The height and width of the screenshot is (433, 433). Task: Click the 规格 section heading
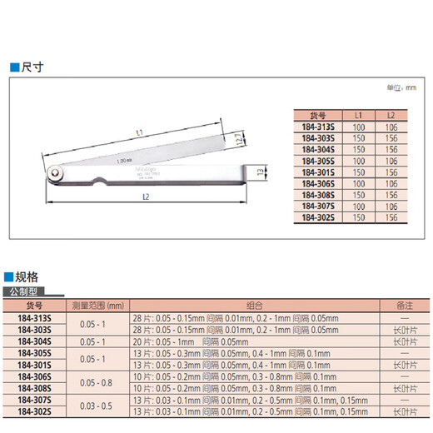27,277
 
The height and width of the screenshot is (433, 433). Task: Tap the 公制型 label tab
25,293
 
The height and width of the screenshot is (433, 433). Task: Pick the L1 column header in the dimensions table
359,115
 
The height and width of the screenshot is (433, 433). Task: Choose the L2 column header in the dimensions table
391,115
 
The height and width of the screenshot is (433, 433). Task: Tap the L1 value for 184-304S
359,148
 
